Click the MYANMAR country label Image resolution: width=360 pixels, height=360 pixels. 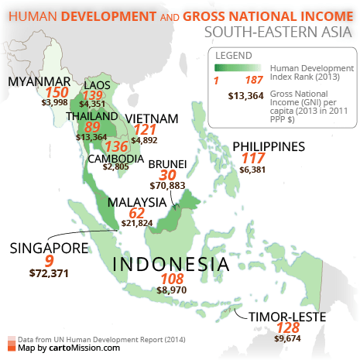(39, 82)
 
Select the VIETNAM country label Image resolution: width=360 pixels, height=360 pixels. (152, 118)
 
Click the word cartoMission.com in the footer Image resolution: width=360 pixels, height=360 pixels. (91, 348)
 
